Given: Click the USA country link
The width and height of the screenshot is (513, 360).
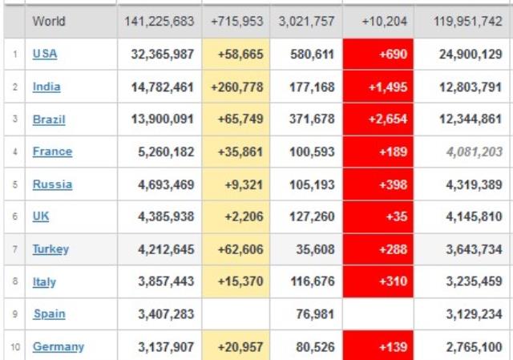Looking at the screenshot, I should click(x=45, y=54).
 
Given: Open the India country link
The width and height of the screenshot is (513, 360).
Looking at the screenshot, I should click(x=46, y=87).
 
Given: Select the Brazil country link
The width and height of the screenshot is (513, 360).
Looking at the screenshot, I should click(x=49, y=119).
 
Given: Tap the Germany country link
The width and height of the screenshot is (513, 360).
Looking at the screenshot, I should click(x=58, y=346).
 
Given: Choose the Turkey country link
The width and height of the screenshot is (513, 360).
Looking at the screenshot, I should click(x=50, y=249).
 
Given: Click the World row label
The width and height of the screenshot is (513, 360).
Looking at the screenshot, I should click(x=49, y=22).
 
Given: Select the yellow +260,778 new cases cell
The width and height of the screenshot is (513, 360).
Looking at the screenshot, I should click(x=236, y=87).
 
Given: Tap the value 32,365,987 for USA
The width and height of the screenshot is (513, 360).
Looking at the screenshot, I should click(x=162, y=54).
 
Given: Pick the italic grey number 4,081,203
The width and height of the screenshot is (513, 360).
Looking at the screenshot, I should click(x=471, y=152).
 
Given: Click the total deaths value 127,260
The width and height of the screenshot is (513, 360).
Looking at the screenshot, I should click(x=307, y=216).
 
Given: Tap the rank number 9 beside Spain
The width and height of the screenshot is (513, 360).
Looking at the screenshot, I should click(x=14, y=314).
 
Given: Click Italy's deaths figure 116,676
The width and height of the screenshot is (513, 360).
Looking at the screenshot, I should click(x=307, y=281).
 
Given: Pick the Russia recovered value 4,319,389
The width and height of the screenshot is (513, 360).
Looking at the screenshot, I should click(x=471, y=184).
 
